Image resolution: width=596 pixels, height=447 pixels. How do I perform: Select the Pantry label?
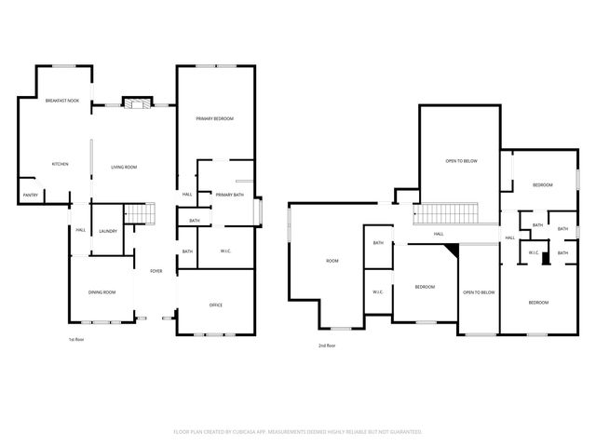tap(30, 196)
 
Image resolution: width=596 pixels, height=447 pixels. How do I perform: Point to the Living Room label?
tap(124, 168)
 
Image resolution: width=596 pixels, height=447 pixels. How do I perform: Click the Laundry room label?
tap(107, 231)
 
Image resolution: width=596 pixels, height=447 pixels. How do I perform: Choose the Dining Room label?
tap(102, 292)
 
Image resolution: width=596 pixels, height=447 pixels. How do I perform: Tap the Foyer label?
tap(156, 271)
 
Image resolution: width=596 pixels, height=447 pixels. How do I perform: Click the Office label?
tap(215, 305)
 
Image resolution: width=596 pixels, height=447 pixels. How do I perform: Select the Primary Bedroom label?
tap(214, 119)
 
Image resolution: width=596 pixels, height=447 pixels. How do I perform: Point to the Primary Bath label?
tap(229, 195)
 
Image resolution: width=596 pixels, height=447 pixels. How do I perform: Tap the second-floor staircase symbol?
tap(445, 215)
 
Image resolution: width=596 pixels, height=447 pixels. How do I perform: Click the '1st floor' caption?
tap(78, 340)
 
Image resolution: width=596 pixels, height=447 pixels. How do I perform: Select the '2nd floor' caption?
tap(326, 346)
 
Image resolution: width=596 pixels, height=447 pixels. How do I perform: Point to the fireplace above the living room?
tap(137, 102)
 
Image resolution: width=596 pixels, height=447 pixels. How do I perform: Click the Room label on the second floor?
tap(332, 261)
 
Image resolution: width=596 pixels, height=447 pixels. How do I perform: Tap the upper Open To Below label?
tap(461, 161)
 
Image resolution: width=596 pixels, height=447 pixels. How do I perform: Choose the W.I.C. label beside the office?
tap(225, 251)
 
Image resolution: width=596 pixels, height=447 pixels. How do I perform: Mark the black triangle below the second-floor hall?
tap(454, 250)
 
